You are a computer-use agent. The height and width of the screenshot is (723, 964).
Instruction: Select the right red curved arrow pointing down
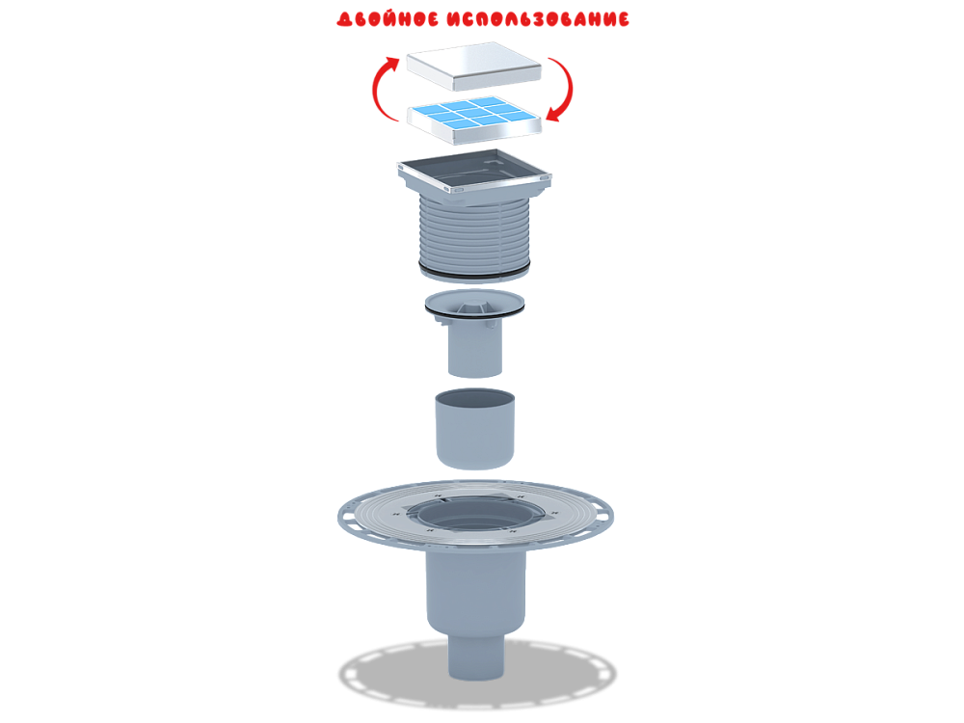point(564,91)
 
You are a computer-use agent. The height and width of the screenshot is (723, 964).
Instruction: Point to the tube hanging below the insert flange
point(474,349)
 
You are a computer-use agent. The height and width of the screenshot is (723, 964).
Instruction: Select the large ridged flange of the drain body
point(366,521)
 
